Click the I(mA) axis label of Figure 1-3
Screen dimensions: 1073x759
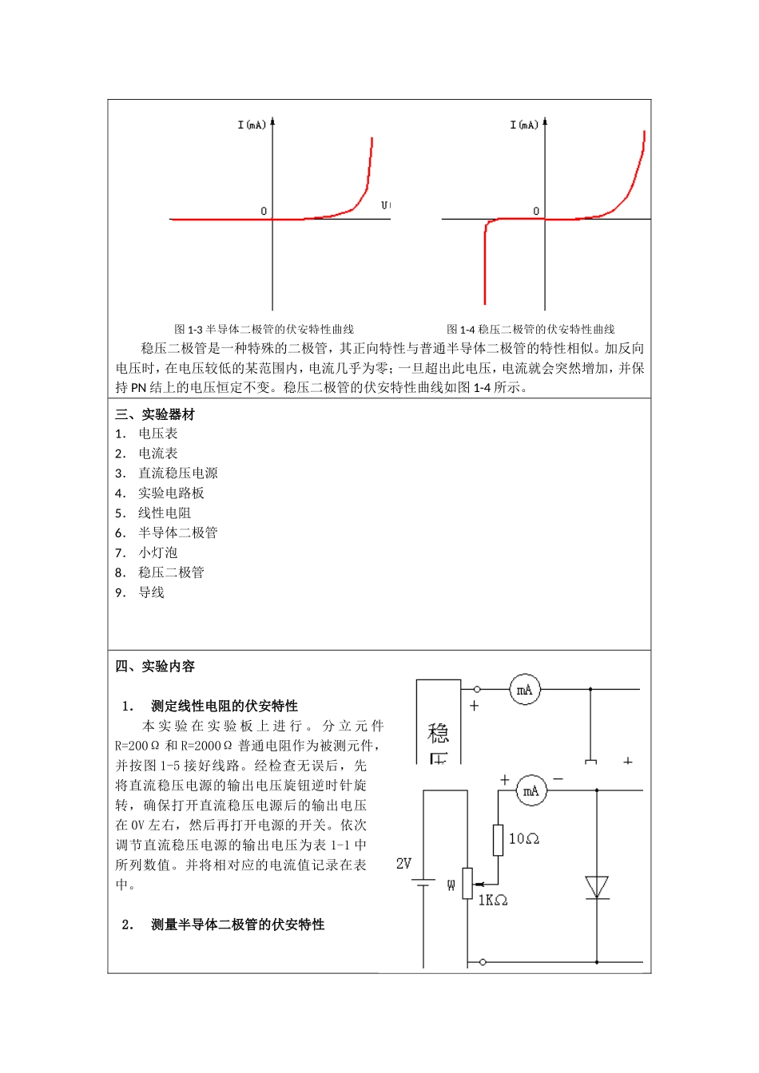coord(252,125)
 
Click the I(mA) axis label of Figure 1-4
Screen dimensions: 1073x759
coord(524,125)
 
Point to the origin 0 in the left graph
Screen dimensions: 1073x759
coord(264,212)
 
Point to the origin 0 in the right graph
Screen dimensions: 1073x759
coord(536,212)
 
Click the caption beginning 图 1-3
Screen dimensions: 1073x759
coord(264,329)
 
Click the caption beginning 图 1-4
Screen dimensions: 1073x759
coord(531,329)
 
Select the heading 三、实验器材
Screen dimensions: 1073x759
coord(155,414)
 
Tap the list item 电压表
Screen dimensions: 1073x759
coord(158,434)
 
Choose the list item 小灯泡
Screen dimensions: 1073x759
coord(158,552)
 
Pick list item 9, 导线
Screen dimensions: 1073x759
coord(151,592)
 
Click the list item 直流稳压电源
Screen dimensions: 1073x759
coord(177,473)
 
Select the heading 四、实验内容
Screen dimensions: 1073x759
coord(155,667)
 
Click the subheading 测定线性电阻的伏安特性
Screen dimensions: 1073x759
coord(225,706)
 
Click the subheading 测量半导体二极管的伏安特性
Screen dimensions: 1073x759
coord(237,925)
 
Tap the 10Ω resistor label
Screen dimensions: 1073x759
coord(524,838)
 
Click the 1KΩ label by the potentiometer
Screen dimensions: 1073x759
coord(493,901)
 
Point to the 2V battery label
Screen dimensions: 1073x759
coord(403,864)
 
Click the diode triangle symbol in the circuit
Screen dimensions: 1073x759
coord(597,887)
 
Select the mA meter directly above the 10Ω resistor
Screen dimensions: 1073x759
coord(531,791)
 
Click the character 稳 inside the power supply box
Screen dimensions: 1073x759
coord(439,733)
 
